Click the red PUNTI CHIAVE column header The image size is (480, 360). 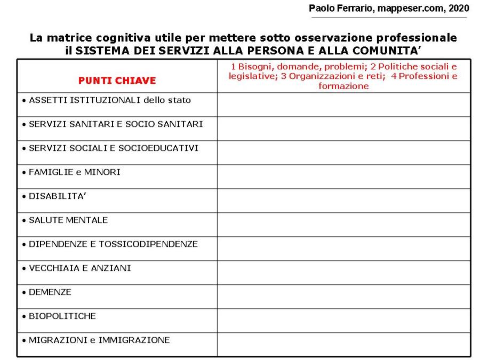[117, 81]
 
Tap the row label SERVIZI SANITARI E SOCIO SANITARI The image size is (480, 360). [115, 124]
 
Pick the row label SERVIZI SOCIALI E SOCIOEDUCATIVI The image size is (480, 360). [113, 148]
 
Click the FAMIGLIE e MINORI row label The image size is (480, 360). [74, 172]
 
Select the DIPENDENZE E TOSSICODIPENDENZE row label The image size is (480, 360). [113, 244]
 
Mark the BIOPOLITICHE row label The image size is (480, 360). [62, 316]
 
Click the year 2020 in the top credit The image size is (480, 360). [459, 8]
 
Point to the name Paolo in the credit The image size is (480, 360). [322, 8]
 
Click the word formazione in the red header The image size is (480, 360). [343, 86]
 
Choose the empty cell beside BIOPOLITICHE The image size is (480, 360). [343, 321]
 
